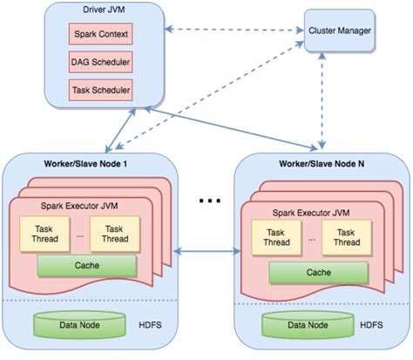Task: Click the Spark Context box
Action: (99, 36)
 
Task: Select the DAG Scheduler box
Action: (99, 63)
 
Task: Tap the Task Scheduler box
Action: (99, 90)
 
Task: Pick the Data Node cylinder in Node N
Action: (307, 325)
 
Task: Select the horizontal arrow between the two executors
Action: (207, 251)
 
